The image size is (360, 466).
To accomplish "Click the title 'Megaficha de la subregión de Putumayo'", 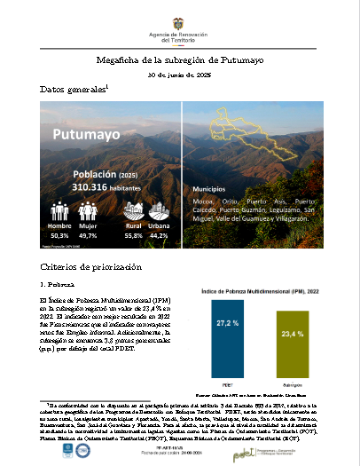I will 180,60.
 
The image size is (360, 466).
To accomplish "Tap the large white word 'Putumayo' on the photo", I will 87,135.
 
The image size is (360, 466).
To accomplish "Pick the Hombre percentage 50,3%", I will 59,236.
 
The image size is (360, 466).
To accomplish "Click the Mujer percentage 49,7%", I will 89,236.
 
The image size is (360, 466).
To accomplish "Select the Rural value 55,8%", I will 133,236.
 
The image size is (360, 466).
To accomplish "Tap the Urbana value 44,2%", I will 159,236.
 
